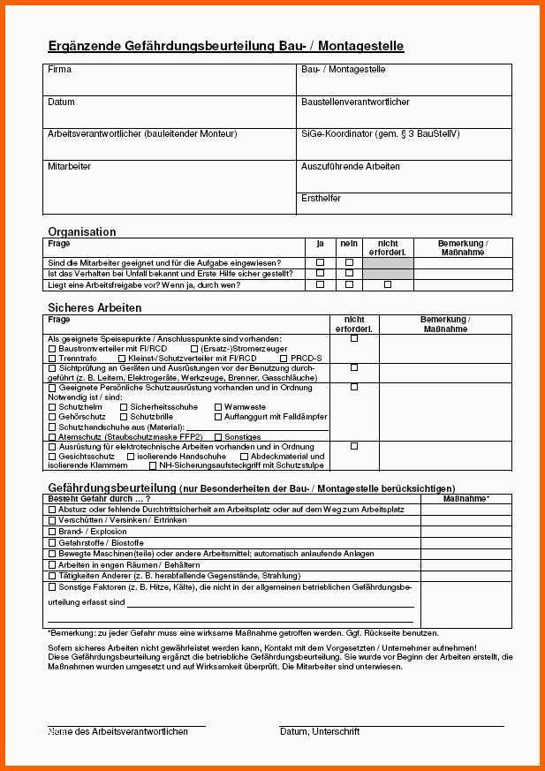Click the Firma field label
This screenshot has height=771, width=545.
(60, 69)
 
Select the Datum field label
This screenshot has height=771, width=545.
(61, 102)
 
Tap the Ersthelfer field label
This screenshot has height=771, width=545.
(321, 198)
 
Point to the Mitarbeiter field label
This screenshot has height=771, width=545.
(69, 166)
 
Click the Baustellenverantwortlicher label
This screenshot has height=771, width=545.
(355, 102)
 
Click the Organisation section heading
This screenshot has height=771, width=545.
(82, 231)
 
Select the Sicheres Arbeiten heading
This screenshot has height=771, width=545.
(95, 307)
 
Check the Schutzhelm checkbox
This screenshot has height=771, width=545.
(51, 406)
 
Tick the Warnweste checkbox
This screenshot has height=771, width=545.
(218, 406)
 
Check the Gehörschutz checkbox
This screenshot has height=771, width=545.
(51, 416)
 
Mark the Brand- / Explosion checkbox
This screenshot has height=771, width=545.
(51, 532)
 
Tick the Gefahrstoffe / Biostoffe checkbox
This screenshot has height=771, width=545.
(51, 542)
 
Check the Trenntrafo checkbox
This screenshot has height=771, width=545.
(51, 359)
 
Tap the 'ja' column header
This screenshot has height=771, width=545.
(320, 243)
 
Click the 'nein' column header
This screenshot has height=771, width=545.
(349, 243)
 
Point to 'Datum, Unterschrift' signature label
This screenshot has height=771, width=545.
(320, 731)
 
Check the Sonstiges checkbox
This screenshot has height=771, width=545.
(218, 436)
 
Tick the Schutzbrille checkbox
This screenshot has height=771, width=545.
(124, 416)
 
